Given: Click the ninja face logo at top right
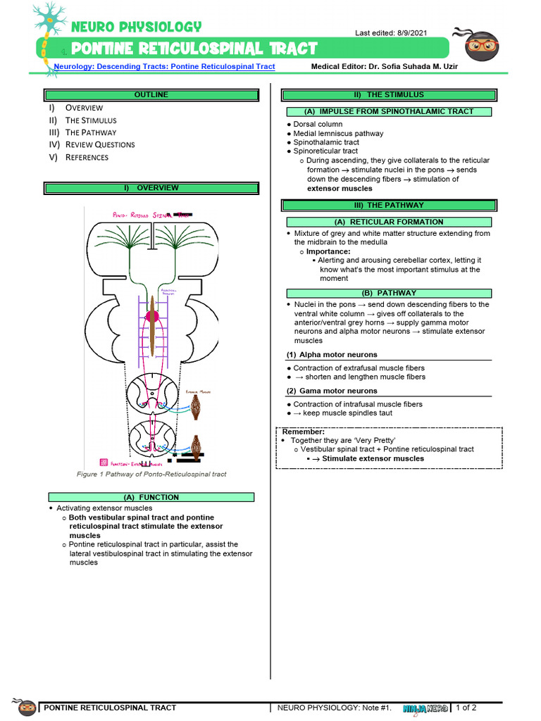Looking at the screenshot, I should click(x=481, y=46).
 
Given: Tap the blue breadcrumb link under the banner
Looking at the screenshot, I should click(x=164, y=67).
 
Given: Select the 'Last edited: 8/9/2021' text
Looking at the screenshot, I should click(x=390, y=33).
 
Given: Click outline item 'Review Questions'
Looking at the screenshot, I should click(x=100, y=145).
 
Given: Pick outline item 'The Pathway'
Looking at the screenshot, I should click(x=91, y=132).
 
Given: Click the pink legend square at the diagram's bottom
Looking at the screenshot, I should click(x=104, y=463).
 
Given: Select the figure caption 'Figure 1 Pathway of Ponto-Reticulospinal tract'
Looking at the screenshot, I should click(x=151, y=475).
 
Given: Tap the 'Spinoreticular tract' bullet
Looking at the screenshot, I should click(x=325, y=151).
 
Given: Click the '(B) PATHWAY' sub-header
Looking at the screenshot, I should click(x=388, y=293).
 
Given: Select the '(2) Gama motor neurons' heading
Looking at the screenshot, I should click(x=332, y=391).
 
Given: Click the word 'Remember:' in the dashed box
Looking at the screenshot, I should click(x=303, y=432).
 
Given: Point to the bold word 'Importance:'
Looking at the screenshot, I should click(x=328, y=251).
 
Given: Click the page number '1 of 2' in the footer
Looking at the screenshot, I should click(x=466, y=708).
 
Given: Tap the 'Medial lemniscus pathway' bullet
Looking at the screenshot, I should click(x=338, y=134).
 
